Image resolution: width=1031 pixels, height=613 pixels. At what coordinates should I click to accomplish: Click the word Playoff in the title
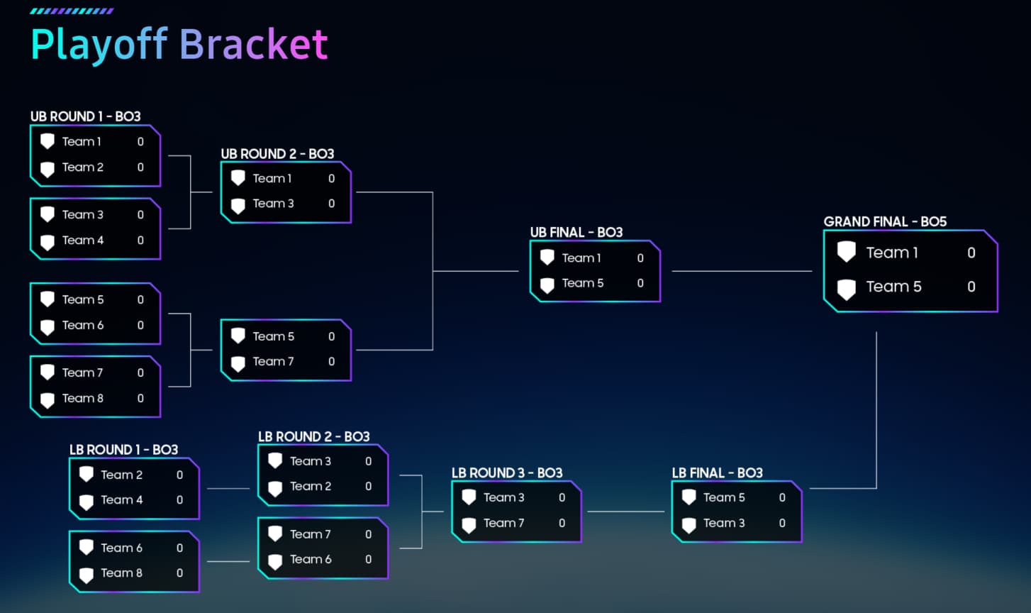pos(99,45)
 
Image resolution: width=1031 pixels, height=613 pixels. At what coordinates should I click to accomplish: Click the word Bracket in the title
pos(253,45)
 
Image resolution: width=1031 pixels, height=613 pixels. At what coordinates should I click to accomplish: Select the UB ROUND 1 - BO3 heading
pos(85,116)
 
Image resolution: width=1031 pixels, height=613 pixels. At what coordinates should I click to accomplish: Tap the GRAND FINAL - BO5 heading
pos(885,221)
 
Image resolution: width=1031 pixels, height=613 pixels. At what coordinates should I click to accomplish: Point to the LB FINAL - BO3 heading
pos(717,473)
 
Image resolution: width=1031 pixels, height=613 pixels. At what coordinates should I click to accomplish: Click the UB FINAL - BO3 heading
pos(576,232)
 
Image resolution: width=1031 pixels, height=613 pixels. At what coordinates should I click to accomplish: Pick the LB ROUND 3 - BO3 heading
pos(506,473)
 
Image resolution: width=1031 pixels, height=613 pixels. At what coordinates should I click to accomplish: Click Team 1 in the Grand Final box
pos(892,253)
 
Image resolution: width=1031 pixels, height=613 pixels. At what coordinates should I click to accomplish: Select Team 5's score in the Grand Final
pos(971,287)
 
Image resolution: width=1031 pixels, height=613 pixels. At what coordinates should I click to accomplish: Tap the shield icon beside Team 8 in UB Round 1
pos(48,399)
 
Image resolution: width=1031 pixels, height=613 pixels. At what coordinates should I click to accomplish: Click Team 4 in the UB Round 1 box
pos(83,240)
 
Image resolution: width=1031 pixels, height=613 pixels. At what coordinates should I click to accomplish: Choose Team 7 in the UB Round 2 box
pos(273,361)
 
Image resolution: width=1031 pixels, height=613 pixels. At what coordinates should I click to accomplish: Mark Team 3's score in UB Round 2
pos(331,204)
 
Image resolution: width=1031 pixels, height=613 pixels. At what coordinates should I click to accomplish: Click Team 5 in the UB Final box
pos(583,283)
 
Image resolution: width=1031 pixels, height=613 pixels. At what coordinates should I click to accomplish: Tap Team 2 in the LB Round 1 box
pos(121,475)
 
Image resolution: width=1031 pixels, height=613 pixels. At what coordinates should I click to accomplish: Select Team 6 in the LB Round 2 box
pos(311,559)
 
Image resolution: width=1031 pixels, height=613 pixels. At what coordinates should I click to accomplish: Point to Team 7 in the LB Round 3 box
pos(503,523)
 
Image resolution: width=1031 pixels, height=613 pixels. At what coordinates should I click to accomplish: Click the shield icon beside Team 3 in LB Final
pos(689,524)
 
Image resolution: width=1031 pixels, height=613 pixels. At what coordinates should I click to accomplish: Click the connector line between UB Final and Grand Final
pos(741,271)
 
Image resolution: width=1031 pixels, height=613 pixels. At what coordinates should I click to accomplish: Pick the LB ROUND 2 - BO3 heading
pos(313,436)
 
